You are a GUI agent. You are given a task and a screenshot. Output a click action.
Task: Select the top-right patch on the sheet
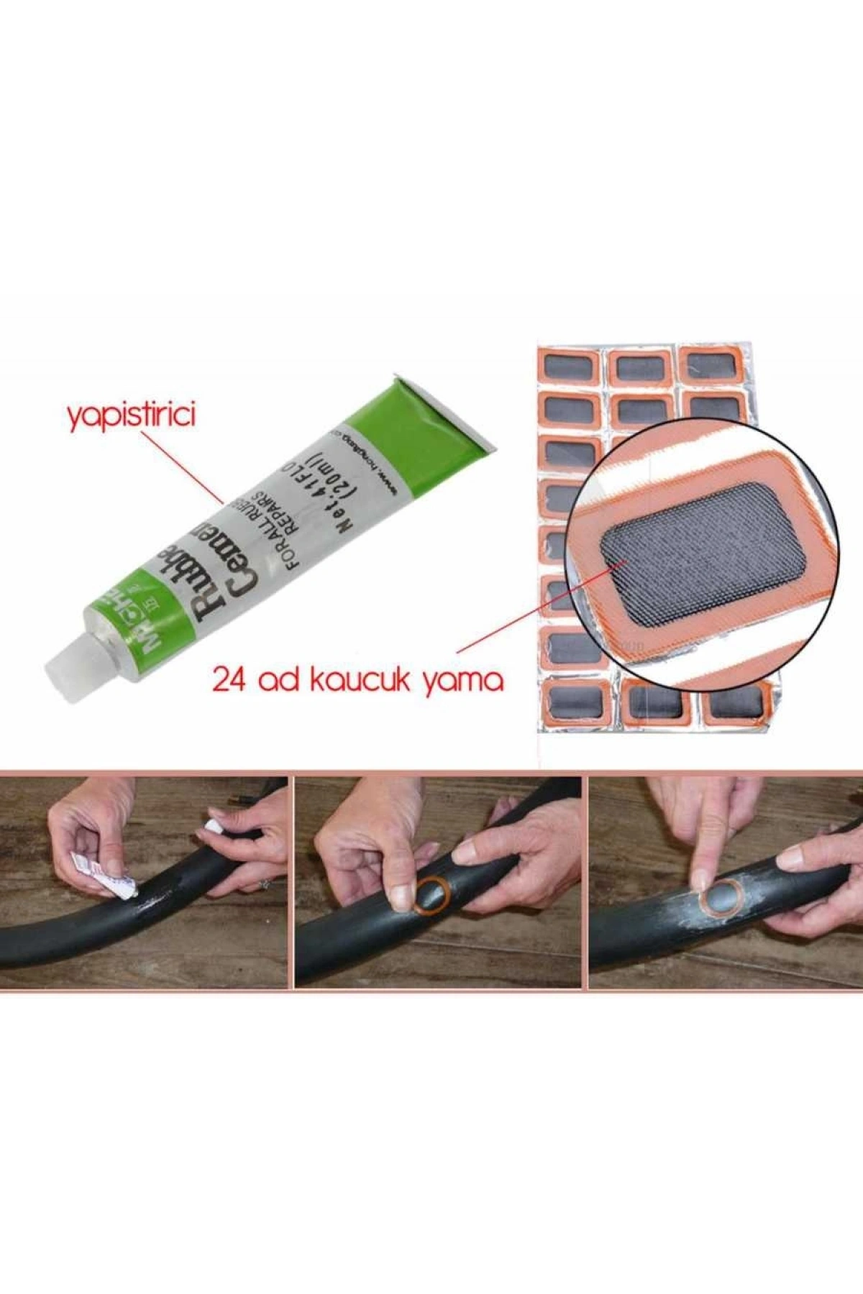pyautogui.click(x=709, y=364)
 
